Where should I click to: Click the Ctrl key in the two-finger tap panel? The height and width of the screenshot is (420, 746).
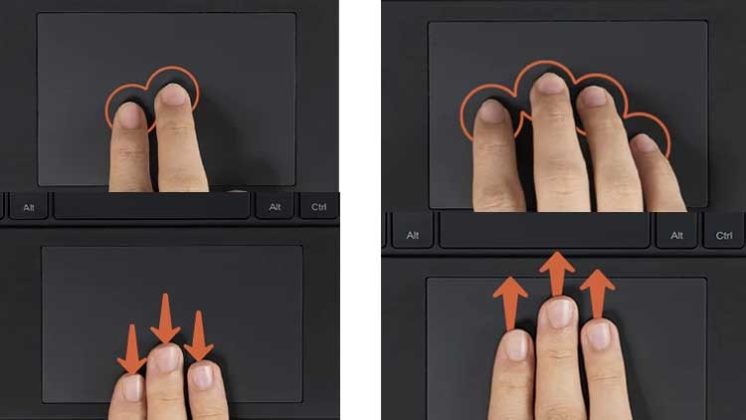(x=319, y=207)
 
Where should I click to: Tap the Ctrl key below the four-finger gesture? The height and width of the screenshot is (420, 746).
(x=724, y=235)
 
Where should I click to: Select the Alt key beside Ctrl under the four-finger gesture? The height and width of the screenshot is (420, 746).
(x=676, y=235)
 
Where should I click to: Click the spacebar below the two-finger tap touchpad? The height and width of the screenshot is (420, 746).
(x=151, y=206)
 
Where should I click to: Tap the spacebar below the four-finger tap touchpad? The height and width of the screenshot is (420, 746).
(x=544, y=231)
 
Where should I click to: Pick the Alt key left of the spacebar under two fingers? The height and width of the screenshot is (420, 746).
(x=29, y=207)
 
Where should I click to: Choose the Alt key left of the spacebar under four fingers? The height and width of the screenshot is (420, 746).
(x=413, y=235)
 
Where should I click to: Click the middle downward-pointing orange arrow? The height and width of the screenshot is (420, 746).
(x=165, y=318)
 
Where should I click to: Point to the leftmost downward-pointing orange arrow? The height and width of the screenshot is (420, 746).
(x=131, y=349)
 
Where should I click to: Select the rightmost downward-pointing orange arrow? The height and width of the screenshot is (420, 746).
(x=198, y=335)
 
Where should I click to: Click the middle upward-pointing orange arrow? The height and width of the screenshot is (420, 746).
(x=557, y=275)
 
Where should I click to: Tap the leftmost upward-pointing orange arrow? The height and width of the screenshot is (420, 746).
(x=510, y=304)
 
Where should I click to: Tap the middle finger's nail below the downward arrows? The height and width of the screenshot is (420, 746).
(x=166, y=359)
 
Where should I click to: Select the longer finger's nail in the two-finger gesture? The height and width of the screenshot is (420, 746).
(x=173, y=96)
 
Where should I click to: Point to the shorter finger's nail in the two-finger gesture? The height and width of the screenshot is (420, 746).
(x=129, y=115)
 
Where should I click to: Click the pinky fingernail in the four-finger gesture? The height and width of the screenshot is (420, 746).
(x=645, y=143)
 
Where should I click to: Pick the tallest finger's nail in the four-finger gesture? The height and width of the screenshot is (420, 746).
(x=549, y=84)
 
